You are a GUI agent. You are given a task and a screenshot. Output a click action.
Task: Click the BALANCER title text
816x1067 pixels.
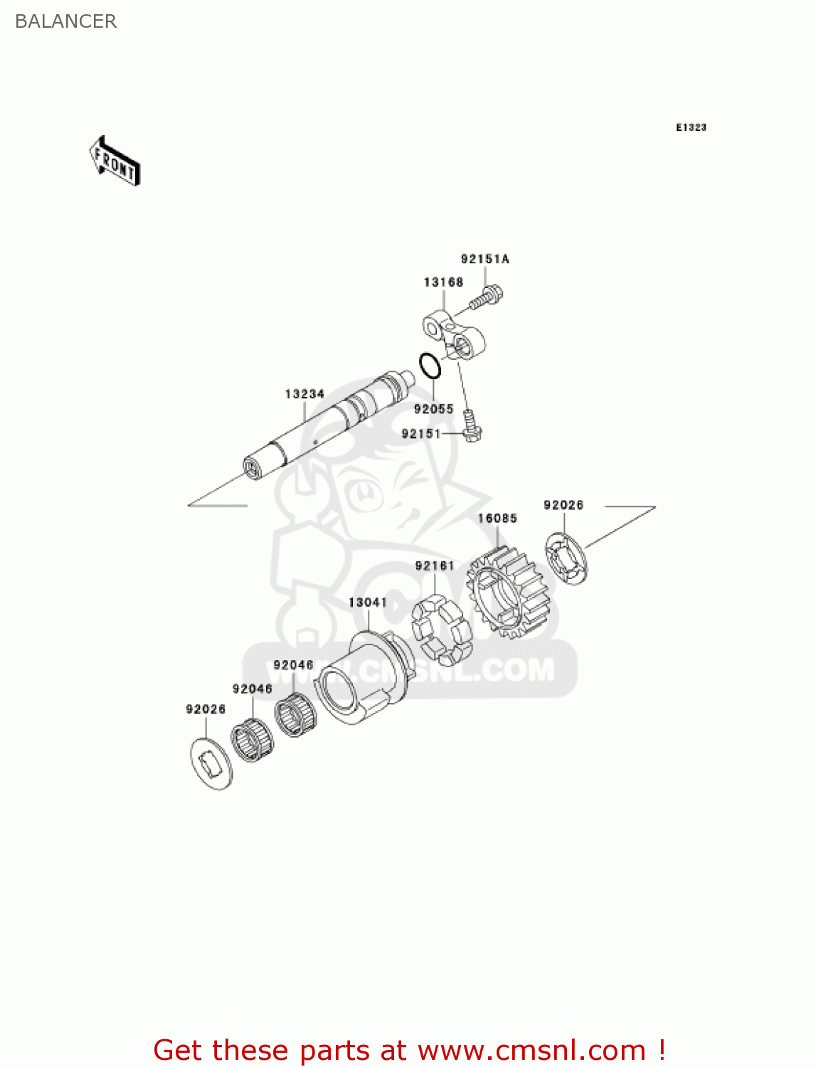coord(65,21)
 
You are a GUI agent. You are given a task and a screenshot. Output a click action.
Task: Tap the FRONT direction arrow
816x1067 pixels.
coord(115,161)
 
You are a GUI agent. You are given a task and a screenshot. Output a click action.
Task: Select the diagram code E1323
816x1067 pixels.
coord(691,127)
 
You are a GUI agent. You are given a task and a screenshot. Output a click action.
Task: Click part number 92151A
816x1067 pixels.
coord(484,259)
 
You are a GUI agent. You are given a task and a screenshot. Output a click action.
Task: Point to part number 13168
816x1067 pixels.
coord(443,282)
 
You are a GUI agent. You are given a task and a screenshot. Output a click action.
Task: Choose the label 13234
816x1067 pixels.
coord(304,394)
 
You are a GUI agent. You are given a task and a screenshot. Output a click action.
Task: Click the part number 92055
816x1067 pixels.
coord(433,409)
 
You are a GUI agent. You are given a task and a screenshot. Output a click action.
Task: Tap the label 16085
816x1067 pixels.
coord(497,519)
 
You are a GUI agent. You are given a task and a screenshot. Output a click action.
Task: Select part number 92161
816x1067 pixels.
coord(435,566)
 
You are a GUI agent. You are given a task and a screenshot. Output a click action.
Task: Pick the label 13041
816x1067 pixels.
coord(368,602)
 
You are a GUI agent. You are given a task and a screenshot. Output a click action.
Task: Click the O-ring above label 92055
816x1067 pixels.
coord(430,366)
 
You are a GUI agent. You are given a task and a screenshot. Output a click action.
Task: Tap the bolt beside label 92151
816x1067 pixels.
coord(471,426)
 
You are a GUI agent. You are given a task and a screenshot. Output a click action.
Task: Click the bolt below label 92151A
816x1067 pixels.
coord(487,297)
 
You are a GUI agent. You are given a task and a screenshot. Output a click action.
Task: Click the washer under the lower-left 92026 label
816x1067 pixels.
coord(211,763)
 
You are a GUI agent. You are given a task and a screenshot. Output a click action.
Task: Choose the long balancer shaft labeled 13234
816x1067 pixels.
coord(327,427)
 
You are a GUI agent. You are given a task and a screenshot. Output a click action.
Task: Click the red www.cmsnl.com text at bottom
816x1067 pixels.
coord(531,1050)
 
